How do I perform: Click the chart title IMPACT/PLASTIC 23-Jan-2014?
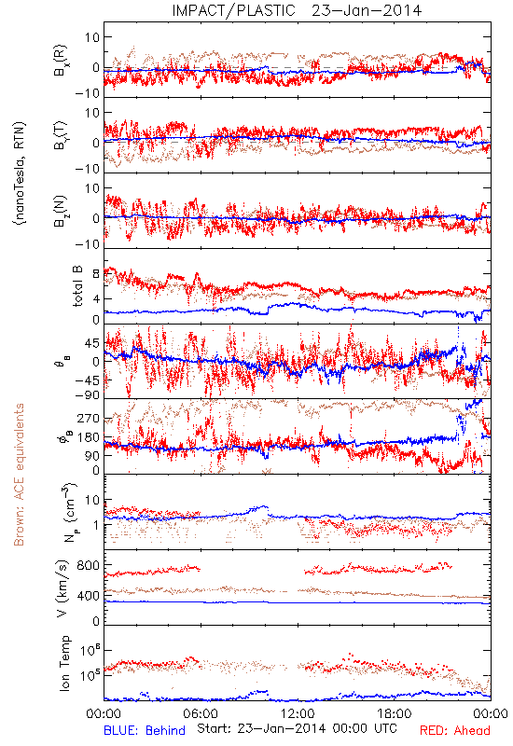tap(297, 10)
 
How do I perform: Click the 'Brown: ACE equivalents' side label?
tap(19, 475)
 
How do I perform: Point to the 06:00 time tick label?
tap(201, 713)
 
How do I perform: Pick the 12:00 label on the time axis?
tap(298, 713)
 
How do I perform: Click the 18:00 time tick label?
tap(395, 713)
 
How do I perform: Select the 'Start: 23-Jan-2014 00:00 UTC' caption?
tap(297, 729)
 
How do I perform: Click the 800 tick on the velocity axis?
tap(89, 566)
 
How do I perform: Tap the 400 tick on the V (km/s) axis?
tap(89, 596)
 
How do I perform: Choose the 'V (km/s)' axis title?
tap(62, 589)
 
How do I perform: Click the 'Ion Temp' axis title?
tap(64, 663)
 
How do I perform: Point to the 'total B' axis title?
tap(77, 286)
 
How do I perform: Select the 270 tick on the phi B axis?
tap(89, 419)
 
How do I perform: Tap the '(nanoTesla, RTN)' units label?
tap(20, 173)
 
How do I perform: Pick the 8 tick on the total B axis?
tap(96, 274)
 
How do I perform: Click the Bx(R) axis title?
tap(61, 61)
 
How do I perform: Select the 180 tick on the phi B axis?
tap(89, 437)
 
